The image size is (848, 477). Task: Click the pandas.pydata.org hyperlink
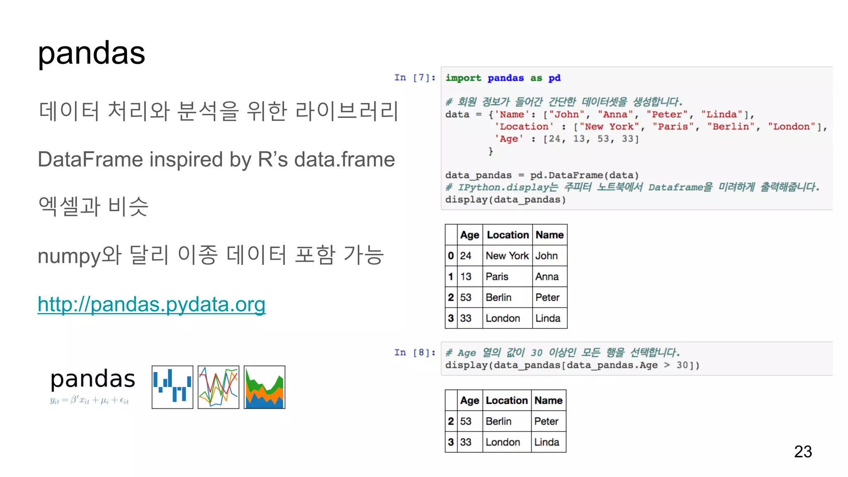[x=152, y=304]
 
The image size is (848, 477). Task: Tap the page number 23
[x=802, y=451]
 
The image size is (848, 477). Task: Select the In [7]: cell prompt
[x=414, y=77]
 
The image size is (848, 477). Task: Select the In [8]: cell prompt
[x=414, y=352]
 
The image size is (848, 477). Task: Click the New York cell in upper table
[x=507, y=255]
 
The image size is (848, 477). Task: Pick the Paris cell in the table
[x=497, y=276]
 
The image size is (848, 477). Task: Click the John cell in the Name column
[x=546, y=255]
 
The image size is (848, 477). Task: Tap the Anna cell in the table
[x=547, y=276]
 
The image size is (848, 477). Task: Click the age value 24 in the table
[x=466, y=255]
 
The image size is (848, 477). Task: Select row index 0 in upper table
[x=450, y=255]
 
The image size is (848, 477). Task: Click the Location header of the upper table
[x=508, y=235]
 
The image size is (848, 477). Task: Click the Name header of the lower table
[x=548, y=400]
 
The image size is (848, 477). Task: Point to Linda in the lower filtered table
[x=547, y=442]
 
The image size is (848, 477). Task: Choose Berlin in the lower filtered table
[x=499, y=421]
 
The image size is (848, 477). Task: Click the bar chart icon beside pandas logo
[x=172, y=387]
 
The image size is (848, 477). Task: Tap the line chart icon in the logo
[x=218, y=387]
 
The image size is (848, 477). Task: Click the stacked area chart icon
[x=264, y=387]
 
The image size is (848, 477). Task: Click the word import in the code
[x=463, y=78]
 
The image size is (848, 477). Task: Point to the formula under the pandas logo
[x=89, y=400]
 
